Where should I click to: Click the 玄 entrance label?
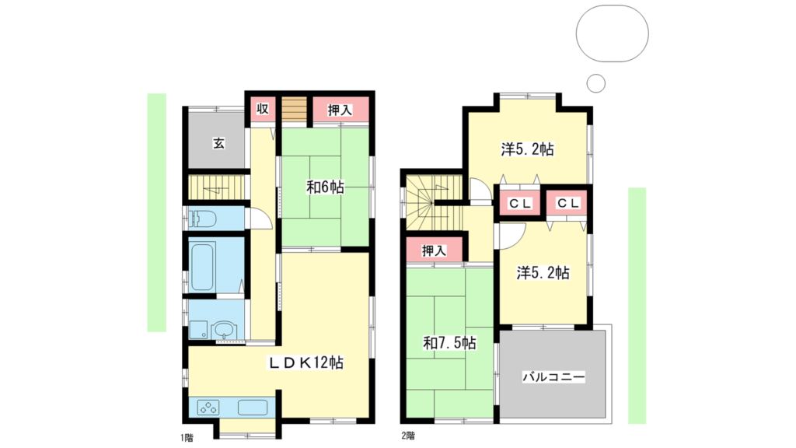[x=218, y=143]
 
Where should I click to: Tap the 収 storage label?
[x=262, y=109]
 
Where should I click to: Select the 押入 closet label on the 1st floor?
[x=340, y=110]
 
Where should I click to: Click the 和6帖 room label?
[x=325, y=187]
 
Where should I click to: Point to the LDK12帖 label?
[x=306, y=362]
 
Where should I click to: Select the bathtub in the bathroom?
[x=203, y=268]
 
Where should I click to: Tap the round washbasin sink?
[x=223, y=331]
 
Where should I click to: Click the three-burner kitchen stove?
[x=208, y=408]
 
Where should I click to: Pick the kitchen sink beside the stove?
[x=253, y=408]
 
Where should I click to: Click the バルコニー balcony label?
[x=553, y=377]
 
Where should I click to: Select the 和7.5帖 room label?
[x=449, y=343]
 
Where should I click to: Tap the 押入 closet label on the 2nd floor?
[x=434, y=250]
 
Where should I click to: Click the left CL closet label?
[x=520, y=204]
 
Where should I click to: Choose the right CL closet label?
[x=568, y=203]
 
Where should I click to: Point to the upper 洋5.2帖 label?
[x=528, y=149]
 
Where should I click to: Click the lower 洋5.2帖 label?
[x=543, y=273]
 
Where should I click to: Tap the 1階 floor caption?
[x=187, y=437]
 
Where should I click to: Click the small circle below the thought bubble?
[x=596, y=82]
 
